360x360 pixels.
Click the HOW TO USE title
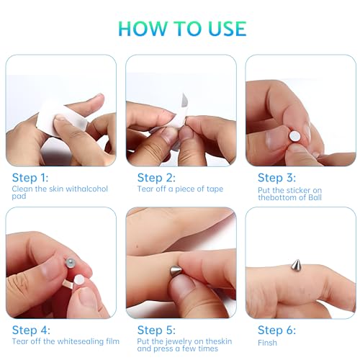[182, 29]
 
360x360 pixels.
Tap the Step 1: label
[30, 178]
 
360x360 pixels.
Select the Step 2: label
[156, 178]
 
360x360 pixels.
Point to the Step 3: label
[276, 178]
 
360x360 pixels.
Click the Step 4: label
[31, 330]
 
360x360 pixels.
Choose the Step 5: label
[156, 330]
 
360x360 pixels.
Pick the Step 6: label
[276, 330]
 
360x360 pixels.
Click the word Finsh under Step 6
[267, 343]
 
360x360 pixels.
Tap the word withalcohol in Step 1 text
[86, 189]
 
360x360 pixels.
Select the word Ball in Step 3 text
[315, 197]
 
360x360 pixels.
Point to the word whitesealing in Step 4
[81, 341]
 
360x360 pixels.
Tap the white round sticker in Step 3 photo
[294, 136]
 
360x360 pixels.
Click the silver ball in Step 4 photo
[71, 262]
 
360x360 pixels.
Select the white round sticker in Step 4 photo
[79, 280]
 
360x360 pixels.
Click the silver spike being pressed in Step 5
[176, 271]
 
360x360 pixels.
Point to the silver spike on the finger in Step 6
[296, 265]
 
